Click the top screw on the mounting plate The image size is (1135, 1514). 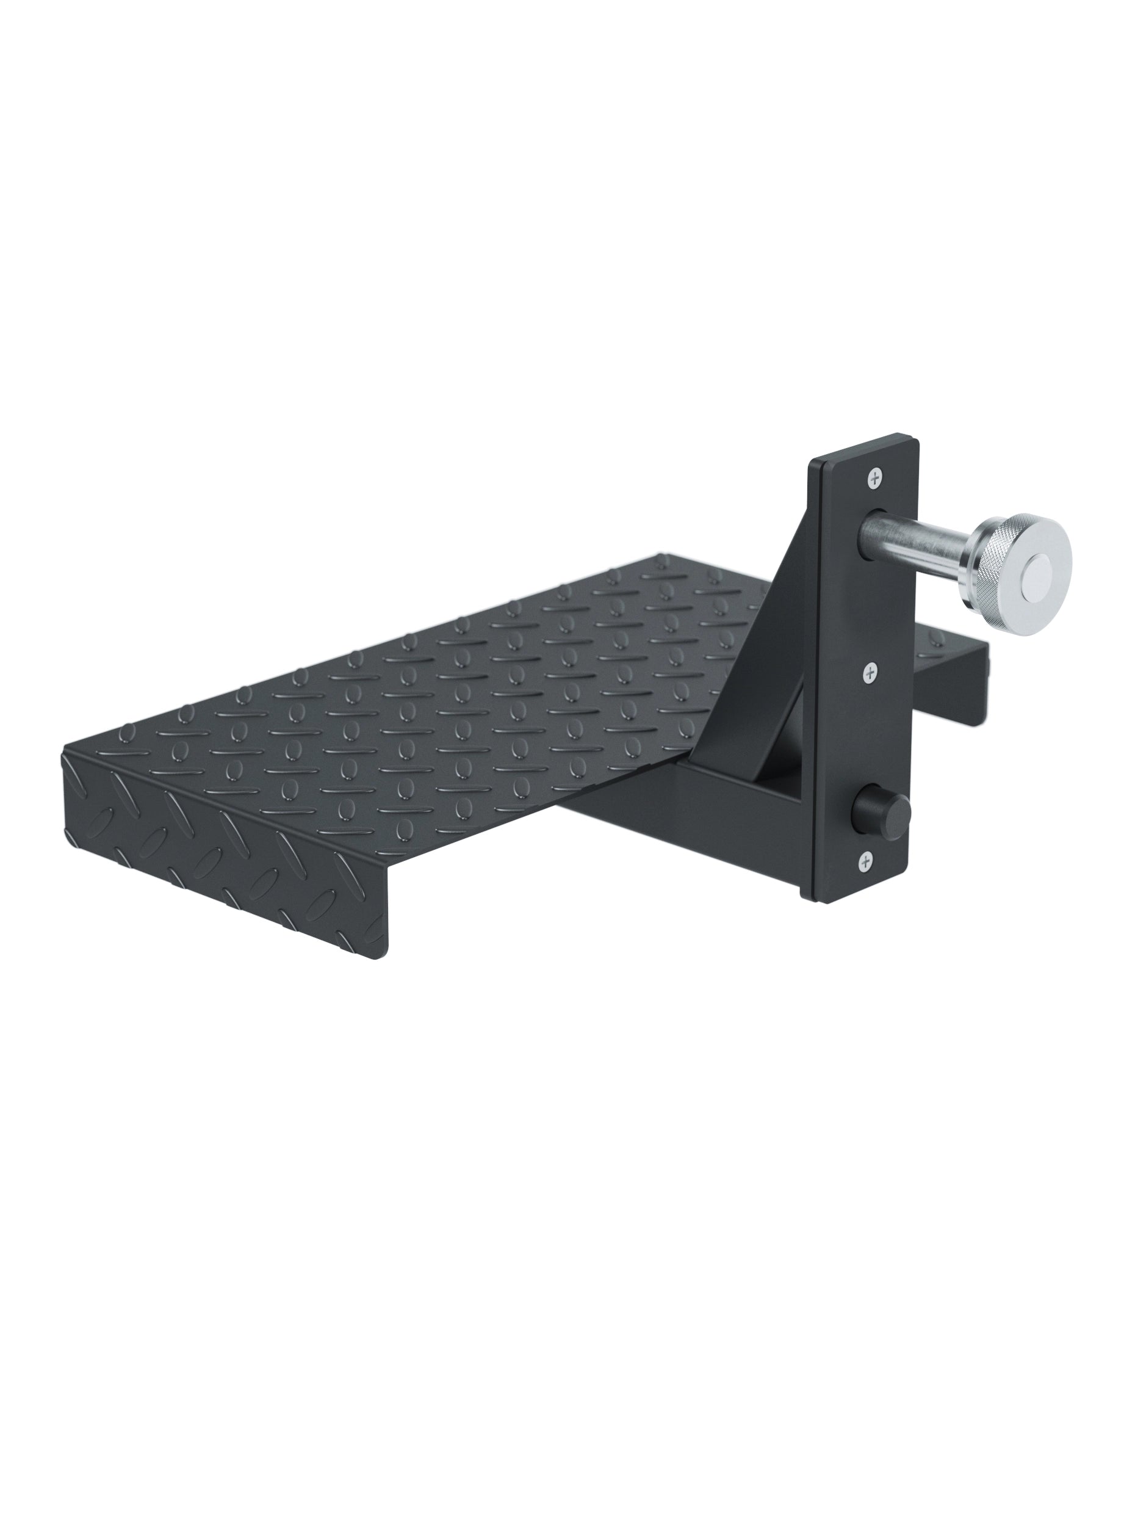click(875, 479)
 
